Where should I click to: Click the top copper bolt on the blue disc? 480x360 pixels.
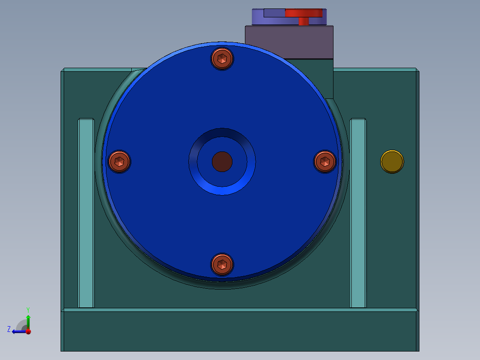tap(222, 59)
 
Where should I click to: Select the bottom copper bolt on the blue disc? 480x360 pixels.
tap(222, 265)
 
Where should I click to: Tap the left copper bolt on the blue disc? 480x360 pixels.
tap(120, 161)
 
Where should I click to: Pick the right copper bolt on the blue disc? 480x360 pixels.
tap(325, 161)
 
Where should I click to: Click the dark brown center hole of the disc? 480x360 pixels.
tap(222, 161)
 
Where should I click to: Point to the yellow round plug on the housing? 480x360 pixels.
tap(392, 161)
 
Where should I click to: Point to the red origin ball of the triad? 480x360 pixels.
tap(28, 331)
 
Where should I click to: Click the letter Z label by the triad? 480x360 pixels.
tap(9, 329)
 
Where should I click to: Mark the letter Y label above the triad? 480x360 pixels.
tap(28, 309)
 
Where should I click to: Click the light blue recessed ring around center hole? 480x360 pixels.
tap(222, 189)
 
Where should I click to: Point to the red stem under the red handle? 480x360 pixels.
tap(303, 21)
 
